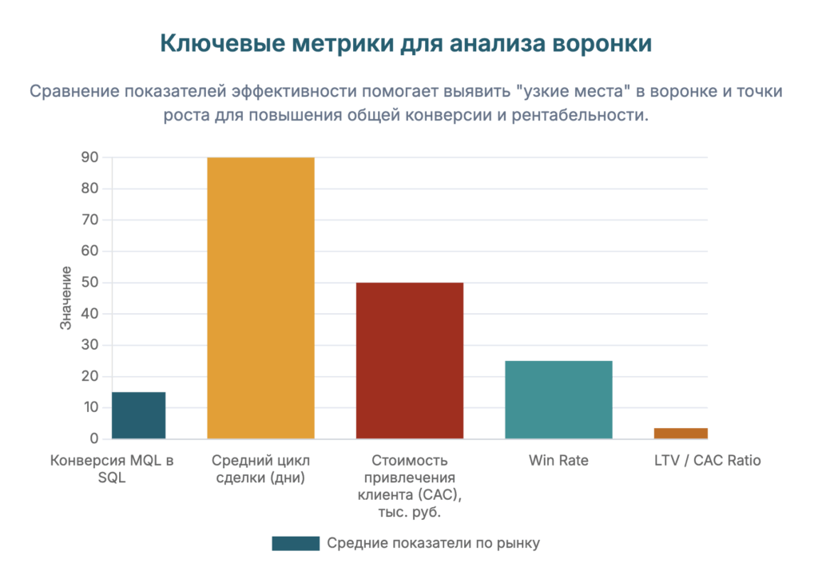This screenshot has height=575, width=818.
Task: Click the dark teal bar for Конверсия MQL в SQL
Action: point(138,415)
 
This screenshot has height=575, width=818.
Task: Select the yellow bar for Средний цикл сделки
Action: point(260,298)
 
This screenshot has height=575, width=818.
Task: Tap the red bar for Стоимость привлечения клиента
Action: point(409,360)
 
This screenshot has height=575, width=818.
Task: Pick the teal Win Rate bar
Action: point(558,399)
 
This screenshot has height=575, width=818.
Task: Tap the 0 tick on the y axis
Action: point(93,438)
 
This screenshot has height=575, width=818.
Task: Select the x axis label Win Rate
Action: point(558,461)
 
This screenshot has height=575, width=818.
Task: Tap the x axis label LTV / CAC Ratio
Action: point(707,461)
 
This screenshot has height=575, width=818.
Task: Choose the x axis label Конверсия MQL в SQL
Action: point(112,469)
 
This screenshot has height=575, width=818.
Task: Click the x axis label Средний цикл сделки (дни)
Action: point(260,469)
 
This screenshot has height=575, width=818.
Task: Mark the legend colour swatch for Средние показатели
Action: point(295,544)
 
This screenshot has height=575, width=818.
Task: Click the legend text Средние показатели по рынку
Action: point(434,544)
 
